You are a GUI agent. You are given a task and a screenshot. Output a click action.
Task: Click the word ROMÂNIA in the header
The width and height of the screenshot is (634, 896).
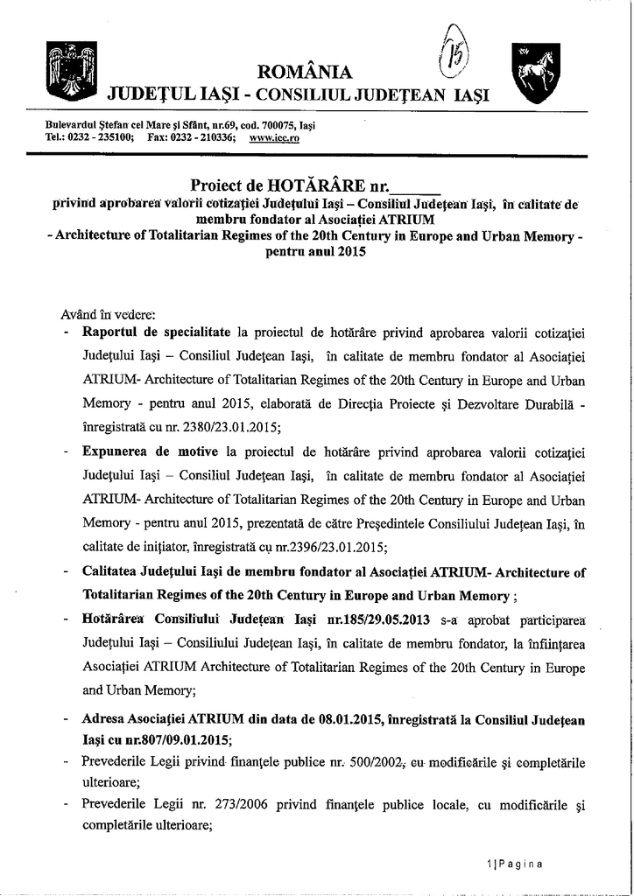pos(306,72)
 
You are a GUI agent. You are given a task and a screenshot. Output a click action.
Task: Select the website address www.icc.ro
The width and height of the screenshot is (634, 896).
pos(274,137)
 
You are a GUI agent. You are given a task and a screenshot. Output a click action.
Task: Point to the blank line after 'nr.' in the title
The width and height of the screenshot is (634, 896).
pos(414,186)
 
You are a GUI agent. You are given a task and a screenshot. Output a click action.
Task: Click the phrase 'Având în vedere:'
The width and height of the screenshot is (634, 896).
pos(96,312)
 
